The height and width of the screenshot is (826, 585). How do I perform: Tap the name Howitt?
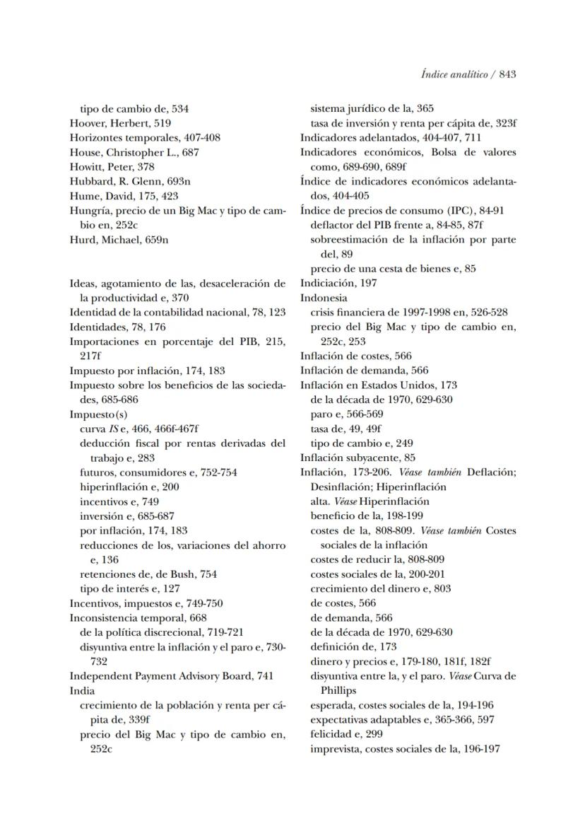(86, 166)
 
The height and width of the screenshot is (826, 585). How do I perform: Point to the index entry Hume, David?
(102, 196)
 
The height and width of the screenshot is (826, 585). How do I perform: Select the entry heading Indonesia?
(322, 298)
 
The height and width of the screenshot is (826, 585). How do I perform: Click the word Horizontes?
(97, 137)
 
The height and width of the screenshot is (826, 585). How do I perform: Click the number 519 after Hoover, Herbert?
(161, 123)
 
